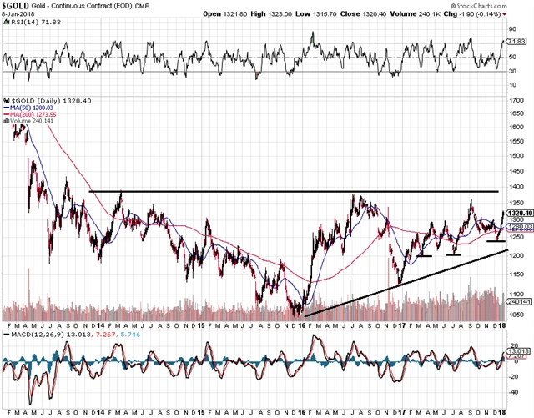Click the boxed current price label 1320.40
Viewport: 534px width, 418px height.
[516, 214]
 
